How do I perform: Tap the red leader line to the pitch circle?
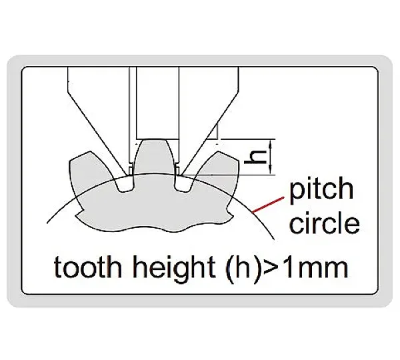(x=268, y=205)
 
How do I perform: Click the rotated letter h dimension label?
(x=255, y=157)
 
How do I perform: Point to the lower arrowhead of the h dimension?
(x=271, y=171)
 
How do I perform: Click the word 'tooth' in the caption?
(x=87, y=267)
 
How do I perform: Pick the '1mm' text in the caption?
(x=315, y=267)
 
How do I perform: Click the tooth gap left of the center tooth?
(x=125, y=183)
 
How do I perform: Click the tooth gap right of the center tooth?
(x=183, y=183)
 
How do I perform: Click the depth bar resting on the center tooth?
(x=157, y=103)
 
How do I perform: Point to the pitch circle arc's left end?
(x=47, y=223)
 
